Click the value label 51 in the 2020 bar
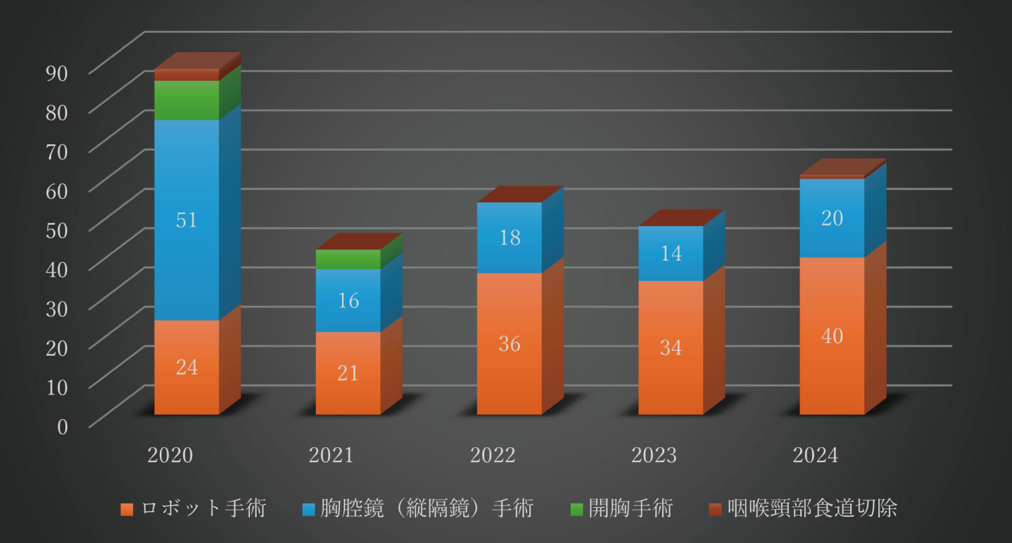pos(186,220)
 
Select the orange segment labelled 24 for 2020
pos(186,367)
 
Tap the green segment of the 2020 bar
pos(186,100)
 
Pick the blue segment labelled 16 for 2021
pos(348,300)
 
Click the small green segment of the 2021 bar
pos(348,259)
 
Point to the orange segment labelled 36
pos(510,344)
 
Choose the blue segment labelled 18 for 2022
pos(510,237)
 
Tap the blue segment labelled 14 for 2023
pos(671,254)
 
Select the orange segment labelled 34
pos(671,347)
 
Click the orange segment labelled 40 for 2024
pos(832,336)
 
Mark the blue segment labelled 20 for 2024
pos(832,218)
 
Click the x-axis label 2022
pos(493,455)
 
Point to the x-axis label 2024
pos(816,455)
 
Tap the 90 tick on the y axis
pos(58,73)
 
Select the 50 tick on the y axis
pos(58,230)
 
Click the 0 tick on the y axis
pos(63,426)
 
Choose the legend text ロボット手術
pos(203,508)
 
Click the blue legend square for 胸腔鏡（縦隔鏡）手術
pos(308,508)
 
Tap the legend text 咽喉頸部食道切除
pos(813,508)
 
